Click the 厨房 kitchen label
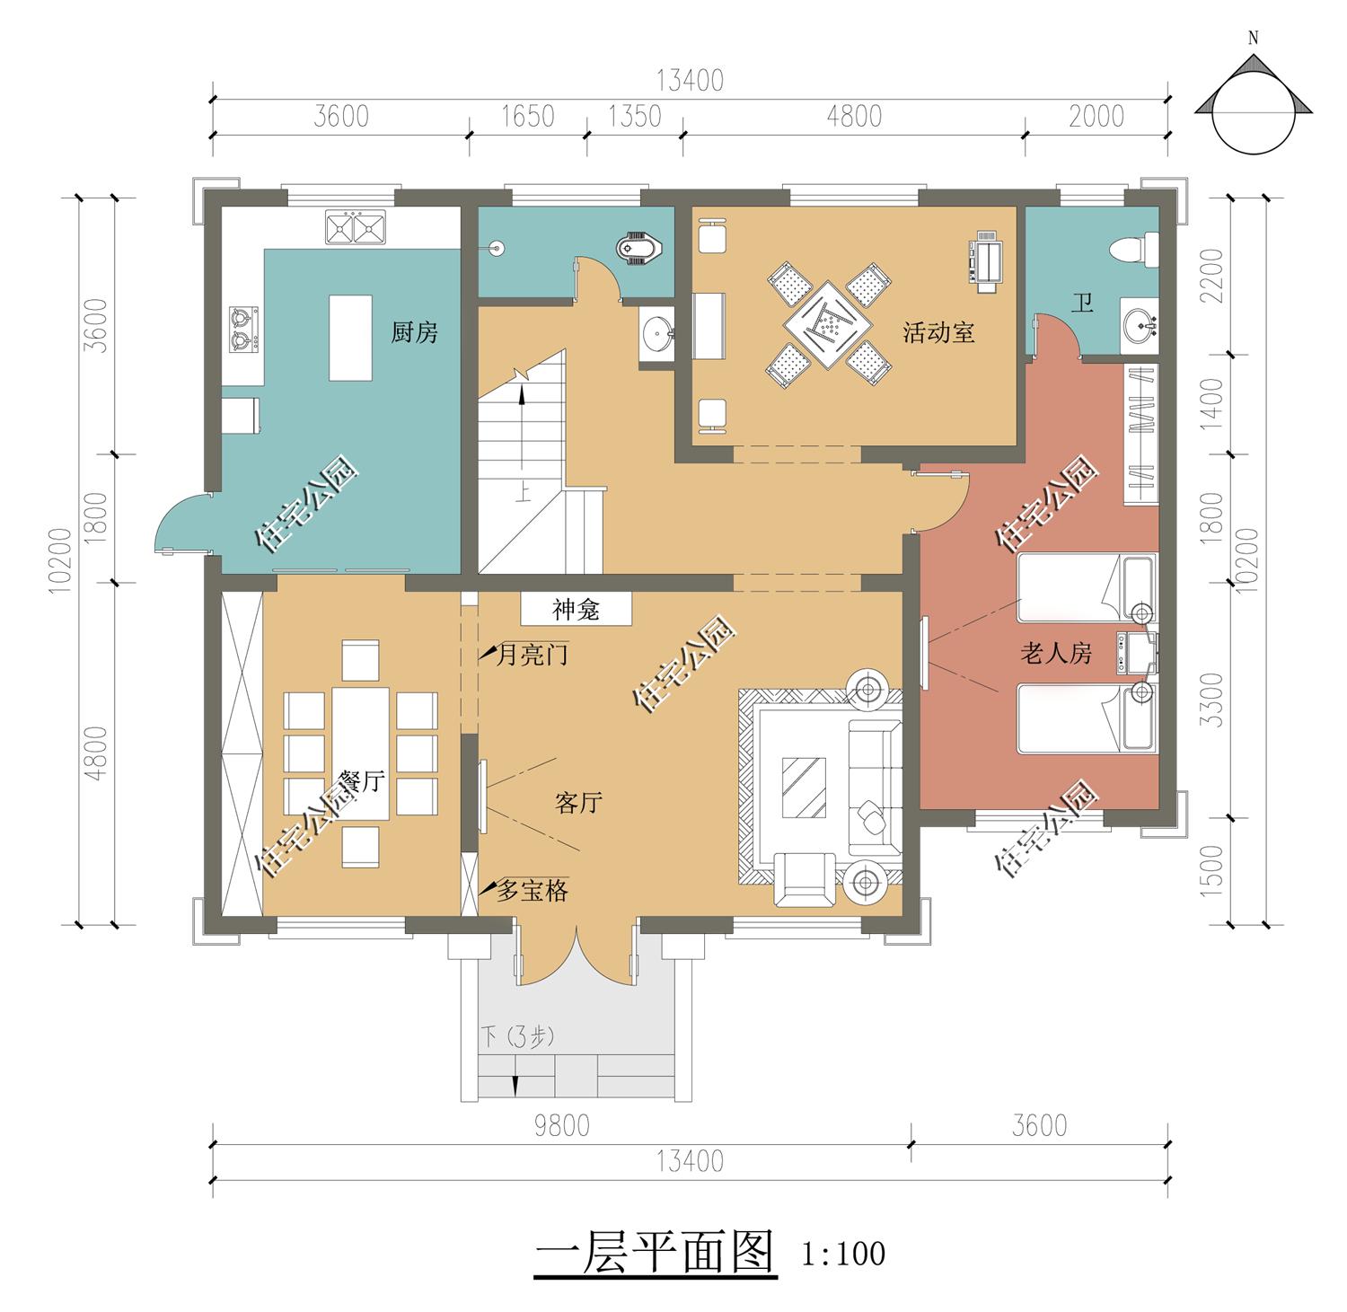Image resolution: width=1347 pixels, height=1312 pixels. (x=414, y=333)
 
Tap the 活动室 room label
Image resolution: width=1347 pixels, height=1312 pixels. (x=938, y=333)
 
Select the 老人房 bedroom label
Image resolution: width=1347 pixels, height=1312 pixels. (x=1056, y=653)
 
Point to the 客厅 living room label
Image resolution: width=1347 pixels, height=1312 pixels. (x=577, y=803)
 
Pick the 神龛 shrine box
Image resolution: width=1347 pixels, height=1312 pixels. (x=577, y=611)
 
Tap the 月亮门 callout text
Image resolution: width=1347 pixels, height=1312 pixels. (x=532, y=656)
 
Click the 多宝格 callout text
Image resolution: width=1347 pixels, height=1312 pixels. (x=532, y=891)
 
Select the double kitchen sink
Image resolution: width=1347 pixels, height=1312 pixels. (x=354, y=227)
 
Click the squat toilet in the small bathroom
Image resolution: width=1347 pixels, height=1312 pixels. (x=640, y=247)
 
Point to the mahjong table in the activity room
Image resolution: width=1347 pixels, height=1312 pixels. (x=829, y=322)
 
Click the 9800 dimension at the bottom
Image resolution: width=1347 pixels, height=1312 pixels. (x=562, y=1125)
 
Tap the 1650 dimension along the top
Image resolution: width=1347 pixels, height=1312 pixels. (x=527, y=117)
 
